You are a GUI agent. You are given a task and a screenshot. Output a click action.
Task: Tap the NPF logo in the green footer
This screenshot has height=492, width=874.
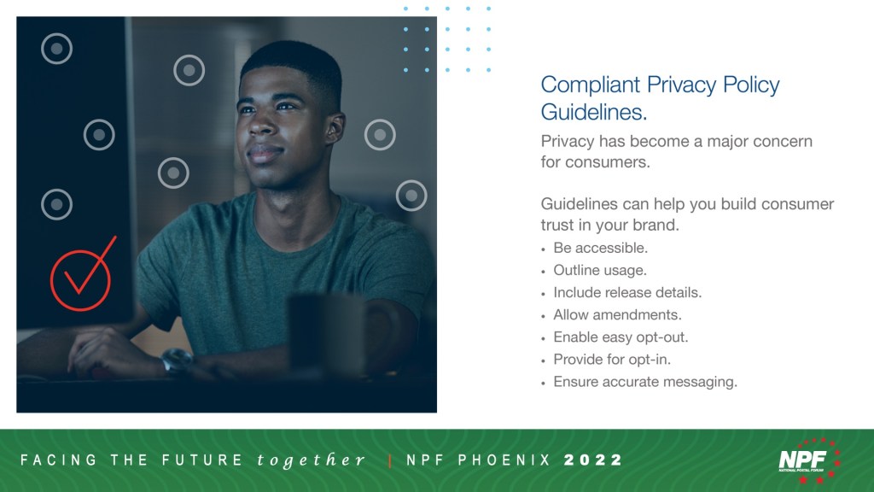(x=809, y=460)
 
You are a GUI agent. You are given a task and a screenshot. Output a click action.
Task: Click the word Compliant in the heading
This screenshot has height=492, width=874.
(x=591, y=85)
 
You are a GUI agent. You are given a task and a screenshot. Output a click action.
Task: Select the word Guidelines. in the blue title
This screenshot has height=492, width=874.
(x=594, y=112)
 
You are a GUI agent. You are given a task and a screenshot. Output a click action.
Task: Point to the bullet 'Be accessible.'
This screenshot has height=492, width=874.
(x=600, y=248)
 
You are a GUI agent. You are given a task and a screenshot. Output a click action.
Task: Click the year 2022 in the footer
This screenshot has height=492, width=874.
(x=593, y=460)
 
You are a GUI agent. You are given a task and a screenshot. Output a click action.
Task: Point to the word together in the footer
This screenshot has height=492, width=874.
(x=311, y=460)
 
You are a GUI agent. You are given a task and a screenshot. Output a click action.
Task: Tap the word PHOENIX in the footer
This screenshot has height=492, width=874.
(x=504, y=460)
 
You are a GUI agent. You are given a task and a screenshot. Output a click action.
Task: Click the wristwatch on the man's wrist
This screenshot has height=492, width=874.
(x=177, y=360)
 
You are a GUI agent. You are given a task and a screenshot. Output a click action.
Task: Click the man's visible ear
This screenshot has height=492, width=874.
(x=335, y=128)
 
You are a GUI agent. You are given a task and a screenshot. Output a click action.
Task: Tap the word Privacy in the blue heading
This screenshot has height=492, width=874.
(x=681, y=85)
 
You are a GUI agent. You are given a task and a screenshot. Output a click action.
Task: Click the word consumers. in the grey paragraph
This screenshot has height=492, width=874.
(x=607, y=162)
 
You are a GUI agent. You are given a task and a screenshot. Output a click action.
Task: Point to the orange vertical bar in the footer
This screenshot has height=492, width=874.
(x=390, y=460)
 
